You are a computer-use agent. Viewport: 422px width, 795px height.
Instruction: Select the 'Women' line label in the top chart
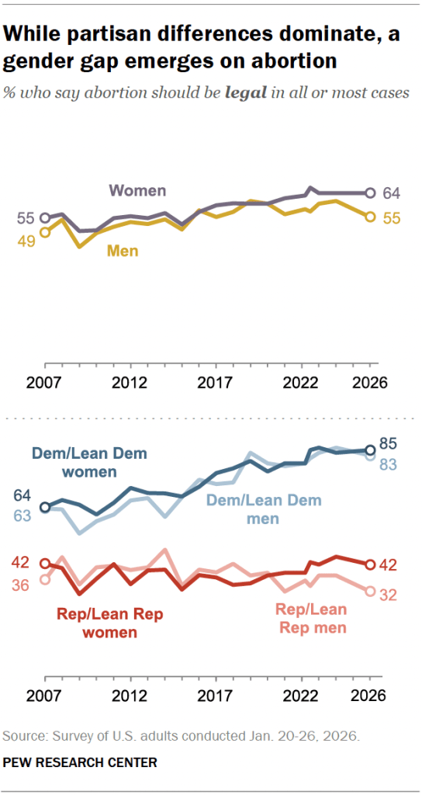[137, 190]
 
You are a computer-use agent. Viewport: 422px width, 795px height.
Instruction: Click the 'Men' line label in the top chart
[122, 250]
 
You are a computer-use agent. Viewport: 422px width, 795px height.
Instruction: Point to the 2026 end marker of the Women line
[370, 193]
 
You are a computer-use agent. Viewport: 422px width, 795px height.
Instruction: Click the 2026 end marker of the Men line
[370, 217]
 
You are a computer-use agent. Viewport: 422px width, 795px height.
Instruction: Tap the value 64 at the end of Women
[392, 193]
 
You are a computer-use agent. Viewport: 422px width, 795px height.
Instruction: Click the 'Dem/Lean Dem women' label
[90, 463]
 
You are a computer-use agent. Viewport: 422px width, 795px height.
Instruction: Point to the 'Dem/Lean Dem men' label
[263, 509]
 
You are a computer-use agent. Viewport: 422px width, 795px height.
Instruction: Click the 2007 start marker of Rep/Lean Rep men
[44, 579]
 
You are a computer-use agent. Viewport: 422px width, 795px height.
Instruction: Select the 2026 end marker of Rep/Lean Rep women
[370, 564]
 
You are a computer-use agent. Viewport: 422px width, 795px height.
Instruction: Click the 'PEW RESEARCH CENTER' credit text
[79, 763]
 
